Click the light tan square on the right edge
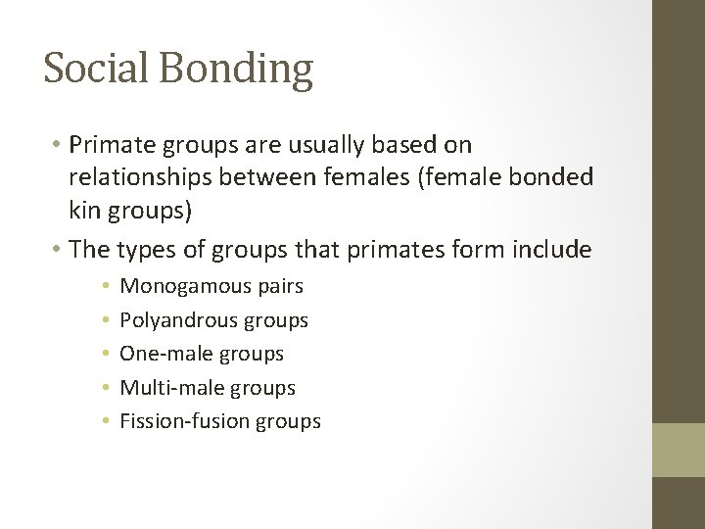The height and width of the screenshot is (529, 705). point(679,450)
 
